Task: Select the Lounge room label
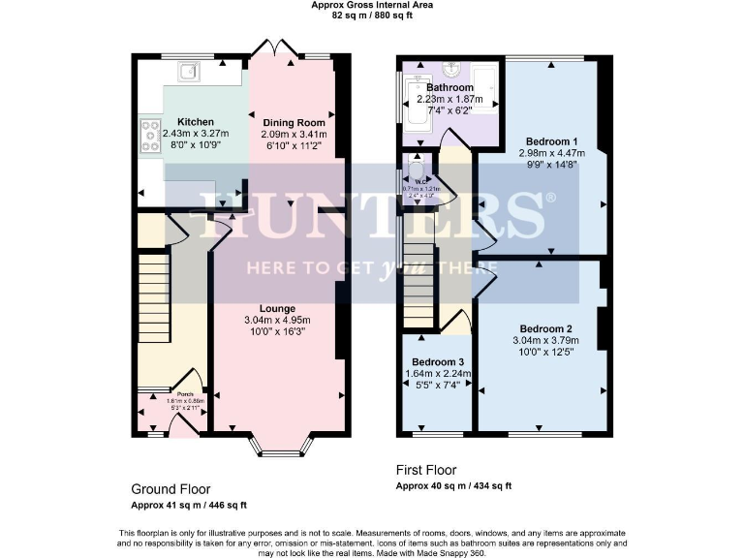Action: point(277,308)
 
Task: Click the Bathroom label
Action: point(450,87)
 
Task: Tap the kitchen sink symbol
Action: point(187,69)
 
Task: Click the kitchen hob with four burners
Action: point(151,136)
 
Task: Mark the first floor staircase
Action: point(418,286)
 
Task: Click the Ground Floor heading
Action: point(170,489)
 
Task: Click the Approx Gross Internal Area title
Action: point(371,5)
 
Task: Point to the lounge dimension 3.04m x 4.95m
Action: point(276,321)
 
